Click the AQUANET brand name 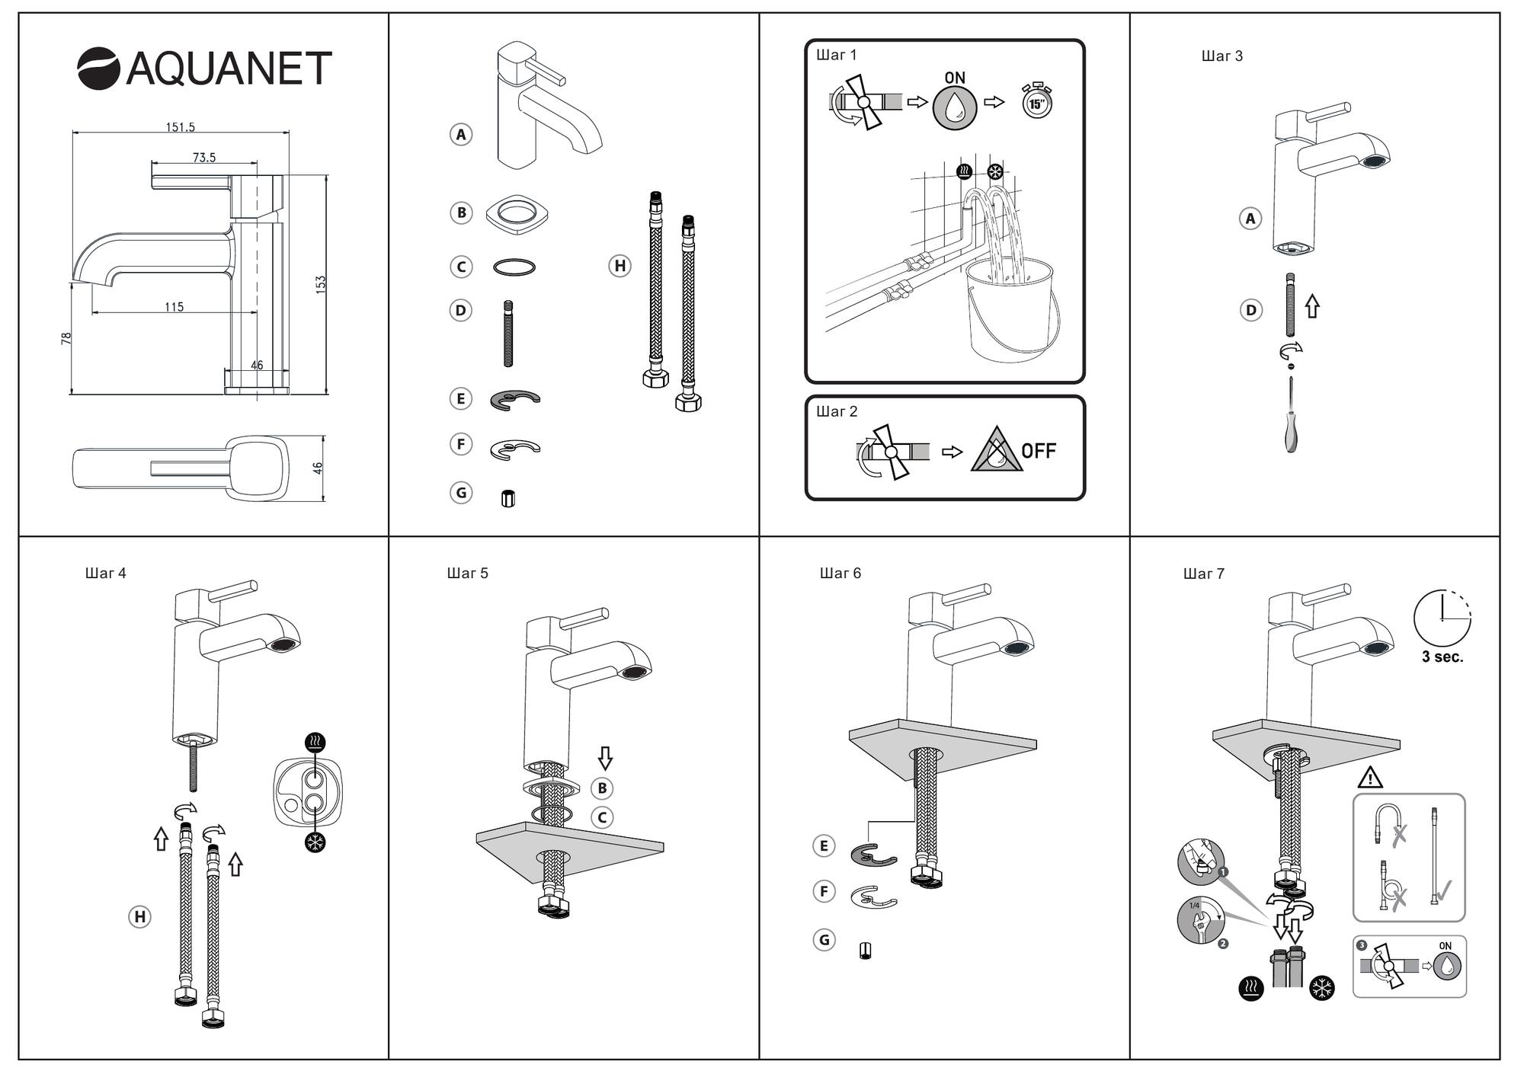click(x=229, y=69)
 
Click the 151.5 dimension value click(x=181, y=127)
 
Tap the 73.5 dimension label click(x=204, y=158)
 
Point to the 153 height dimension click(x=321, y=285)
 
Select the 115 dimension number click(x=174, y=307)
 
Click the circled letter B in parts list click(x=461, y=213)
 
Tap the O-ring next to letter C click(x=514, y=267)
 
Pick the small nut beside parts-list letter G click(x=508, y=498)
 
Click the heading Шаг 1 click(x=836, y=55)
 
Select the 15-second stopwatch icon click(x=1036, y=101)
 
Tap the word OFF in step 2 click(x=1039, y=452)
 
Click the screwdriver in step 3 click(x=1291, y=427)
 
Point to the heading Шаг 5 click(x=467, y=574)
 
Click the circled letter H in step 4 click(x=139, y=916)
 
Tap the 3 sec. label click(x=1442, y=657)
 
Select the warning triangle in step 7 click(x=1370, y=778)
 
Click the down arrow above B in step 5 click(x=605, y=758)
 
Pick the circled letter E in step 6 click(x=824, y=845)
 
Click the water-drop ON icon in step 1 click(x=955, y=107)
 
